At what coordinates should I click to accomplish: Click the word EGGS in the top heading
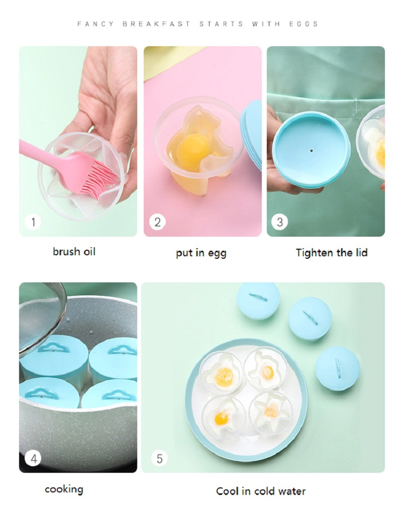[303, 24]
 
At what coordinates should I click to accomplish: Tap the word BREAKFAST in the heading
[156, 24]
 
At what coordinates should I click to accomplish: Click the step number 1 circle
[33, 222]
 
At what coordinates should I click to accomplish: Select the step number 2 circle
[157, 222]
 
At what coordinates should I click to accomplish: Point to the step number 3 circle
[280, 222]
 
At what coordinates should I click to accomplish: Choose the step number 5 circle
[159, 459]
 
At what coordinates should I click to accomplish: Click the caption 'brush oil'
[74, 251]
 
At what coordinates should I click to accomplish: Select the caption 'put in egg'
[201, 253]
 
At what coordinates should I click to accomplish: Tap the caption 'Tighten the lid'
[332, 252]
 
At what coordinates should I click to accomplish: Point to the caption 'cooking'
[64, 489]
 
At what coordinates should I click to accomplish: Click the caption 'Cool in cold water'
[261, 491]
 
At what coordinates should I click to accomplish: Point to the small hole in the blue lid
[312, 151]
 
